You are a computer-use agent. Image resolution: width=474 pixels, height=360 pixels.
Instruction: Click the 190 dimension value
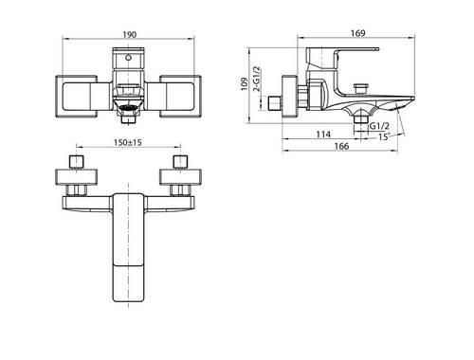point(130,34)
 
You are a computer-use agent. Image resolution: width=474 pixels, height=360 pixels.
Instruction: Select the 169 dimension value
point(357,33)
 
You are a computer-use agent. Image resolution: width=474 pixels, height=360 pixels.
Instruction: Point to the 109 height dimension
point(245,84)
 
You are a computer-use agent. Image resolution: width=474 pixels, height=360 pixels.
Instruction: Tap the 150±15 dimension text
point(128,142)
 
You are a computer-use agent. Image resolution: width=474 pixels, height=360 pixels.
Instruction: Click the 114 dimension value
point(323,135)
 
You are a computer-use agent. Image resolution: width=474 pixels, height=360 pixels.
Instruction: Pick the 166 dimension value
point(341,146)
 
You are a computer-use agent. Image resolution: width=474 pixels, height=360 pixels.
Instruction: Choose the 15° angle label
point(383,137)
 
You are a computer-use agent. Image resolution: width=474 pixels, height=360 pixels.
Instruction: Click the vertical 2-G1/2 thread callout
point(257,79)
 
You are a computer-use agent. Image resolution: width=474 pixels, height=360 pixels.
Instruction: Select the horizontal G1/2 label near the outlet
point(379,126)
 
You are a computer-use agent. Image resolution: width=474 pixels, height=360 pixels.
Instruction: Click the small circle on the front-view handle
point(128,58)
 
